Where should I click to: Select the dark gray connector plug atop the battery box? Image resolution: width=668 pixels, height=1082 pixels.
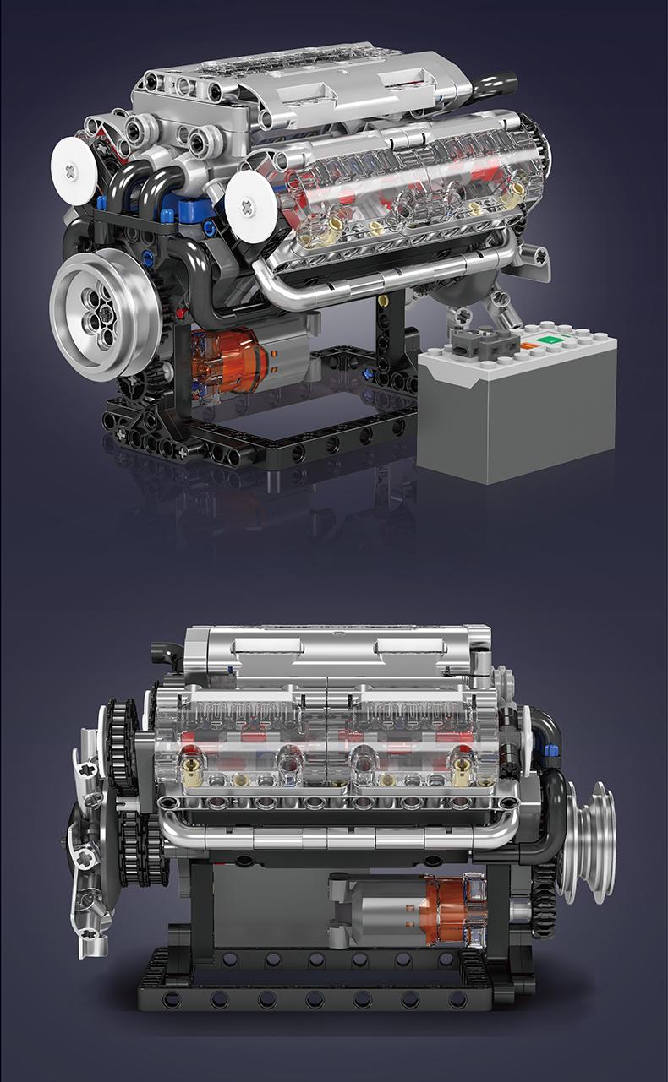[484, 340]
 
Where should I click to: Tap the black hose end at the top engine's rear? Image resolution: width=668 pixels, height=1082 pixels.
[499, 83]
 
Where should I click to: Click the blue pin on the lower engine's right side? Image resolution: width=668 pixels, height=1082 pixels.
[551, 750]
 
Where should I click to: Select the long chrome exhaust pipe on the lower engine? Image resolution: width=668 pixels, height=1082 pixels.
[338, 837]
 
